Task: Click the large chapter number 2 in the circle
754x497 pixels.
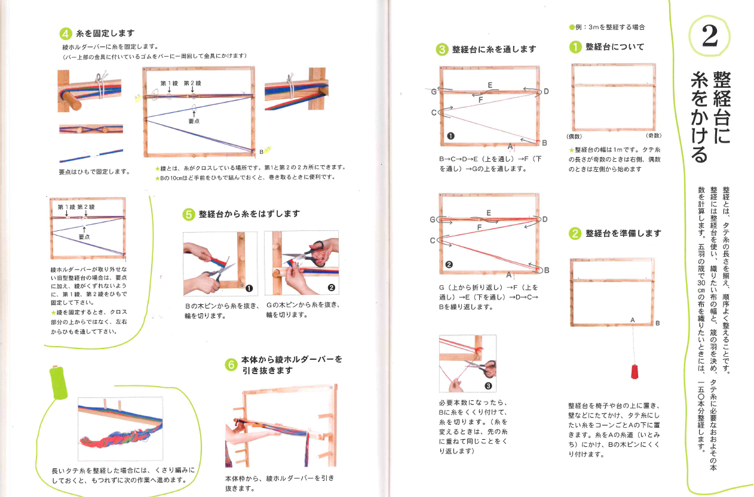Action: (x=709, y=38)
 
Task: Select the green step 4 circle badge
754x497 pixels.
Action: (x=67, y=33)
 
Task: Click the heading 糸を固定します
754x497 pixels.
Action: (x=105, y=33)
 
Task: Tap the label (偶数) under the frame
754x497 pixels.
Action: (x=575, y=136)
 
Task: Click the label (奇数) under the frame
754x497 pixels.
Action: (x=652, y=136)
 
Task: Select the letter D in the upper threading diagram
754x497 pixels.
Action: (x=545, y=91)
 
